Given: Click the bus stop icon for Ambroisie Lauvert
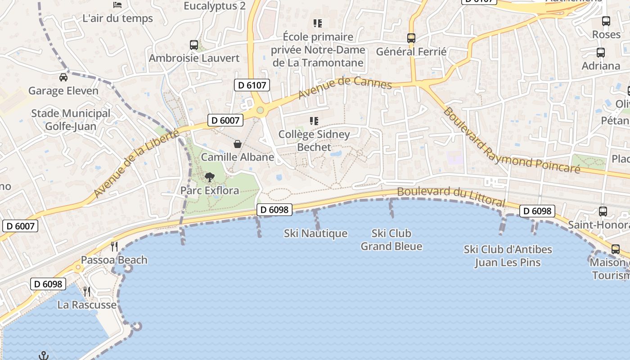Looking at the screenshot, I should (194, 45).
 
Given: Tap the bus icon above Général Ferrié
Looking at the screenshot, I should (411, 38).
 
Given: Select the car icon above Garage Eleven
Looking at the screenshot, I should (63, 77).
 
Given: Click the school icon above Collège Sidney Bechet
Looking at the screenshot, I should (314, 121).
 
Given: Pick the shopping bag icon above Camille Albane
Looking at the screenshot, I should (238, 144).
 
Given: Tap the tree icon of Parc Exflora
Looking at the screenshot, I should (210, 177).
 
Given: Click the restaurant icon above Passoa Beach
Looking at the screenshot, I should (114, 246).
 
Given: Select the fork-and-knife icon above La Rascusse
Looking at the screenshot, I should (87, 292).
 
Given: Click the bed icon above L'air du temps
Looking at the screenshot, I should (118, 5).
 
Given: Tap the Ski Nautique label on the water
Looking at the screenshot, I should (315, 234).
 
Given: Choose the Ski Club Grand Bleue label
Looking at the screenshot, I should (391, 240).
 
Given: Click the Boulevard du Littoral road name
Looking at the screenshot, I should (451, 197).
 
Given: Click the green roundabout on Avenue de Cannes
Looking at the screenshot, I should (260, 110).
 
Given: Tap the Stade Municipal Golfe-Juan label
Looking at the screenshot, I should (71, 120).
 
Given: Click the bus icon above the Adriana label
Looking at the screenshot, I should (601, 53).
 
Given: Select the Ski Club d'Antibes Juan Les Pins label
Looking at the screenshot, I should (508, 256).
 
